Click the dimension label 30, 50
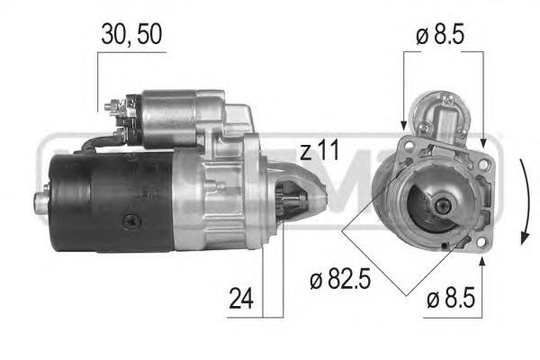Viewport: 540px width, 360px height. coord(131,34)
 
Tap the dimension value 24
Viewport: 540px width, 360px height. coord(241,298)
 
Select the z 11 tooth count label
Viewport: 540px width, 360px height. coord(319,150)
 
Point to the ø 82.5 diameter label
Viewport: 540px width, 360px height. coord(340,279)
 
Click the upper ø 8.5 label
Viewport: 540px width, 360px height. coord(440,34)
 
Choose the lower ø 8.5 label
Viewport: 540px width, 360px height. coord(451,298)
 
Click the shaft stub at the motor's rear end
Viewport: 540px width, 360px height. coord(41,202)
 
